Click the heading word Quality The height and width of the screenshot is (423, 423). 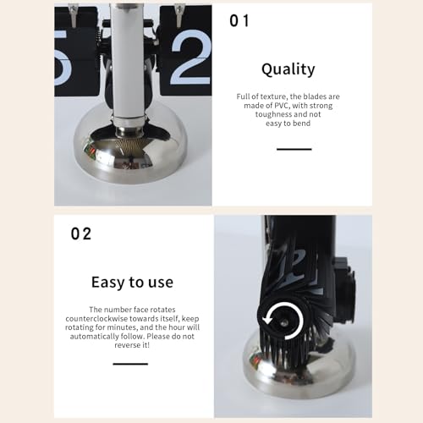point(288,69)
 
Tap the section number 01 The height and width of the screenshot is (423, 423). point(239,21)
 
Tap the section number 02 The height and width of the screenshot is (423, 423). point(81,234)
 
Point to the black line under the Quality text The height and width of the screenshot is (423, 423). point(294,149)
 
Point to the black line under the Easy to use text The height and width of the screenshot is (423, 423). point(130,364)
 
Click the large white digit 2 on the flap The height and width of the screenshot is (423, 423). point(191,58)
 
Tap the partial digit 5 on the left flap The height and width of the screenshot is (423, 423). point(62,58)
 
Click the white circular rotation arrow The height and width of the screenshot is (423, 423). point(283,321)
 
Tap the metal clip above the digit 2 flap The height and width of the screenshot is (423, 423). point(179,16)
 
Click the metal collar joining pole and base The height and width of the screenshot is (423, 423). point(129,130)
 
